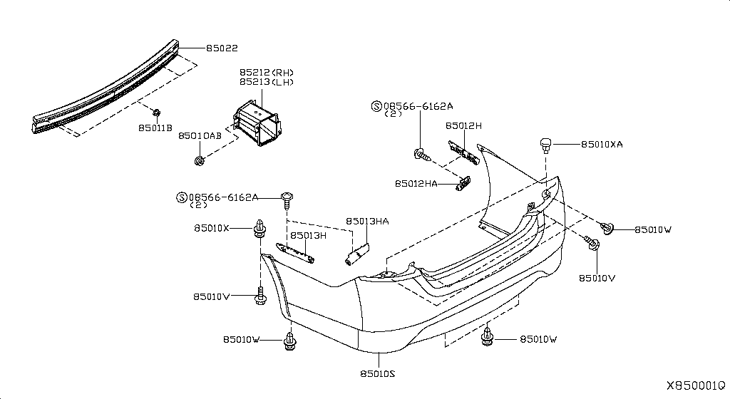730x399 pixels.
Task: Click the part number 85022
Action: [222, 48]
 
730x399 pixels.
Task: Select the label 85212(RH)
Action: [266, 73]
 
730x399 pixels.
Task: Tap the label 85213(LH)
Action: [266, 82]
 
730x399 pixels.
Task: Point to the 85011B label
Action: [155, 128]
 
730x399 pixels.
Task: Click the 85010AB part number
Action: [200, 135]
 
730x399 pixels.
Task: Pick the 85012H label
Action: [464, 125]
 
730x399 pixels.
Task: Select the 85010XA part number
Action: [602, 144]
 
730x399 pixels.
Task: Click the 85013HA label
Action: [368, 222]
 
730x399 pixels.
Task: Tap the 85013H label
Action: [308, 235]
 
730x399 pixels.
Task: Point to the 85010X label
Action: [211, 228]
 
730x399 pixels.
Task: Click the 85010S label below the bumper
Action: [378, 373]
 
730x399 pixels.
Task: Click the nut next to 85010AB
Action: [200, 159]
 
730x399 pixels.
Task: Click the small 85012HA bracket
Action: [463, 184]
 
